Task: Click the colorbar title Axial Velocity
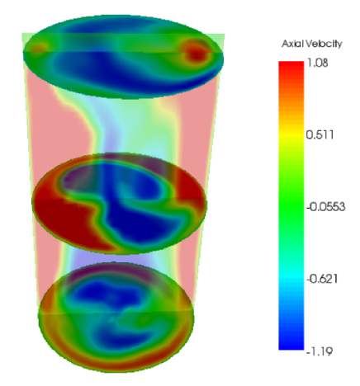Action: pyautogui.click(x=312, y=44)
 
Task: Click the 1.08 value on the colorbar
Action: pyautogui.click(x=317, y=63)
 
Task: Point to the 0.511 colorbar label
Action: pyautogui.click(x=320, y=134)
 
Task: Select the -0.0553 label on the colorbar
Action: pyautogui.click(x=326, y=207)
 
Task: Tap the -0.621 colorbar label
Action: pyautogui.click(x=322, y=279)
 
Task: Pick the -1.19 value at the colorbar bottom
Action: pyautogui.click(x=320, y=351)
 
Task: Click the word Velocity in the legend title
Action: pyautogui.click(x=324, y=44)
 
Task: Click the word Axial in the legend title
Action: pyautogui.click(x=293, y=44)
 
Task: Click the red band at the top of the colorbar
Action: pyautogui.click(x=291, y=68)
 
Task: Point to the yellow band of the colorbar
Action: pyautogui.click(x=291, y=135)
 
